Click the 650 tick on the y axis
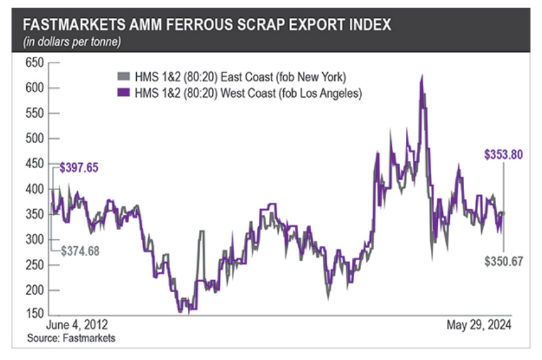click(x=33, y=63)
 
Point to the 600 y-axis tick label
click(x=33, y=88)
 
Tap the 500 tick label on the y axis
click(x=33, y=139)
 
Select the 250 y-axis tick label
click(x=33, y=265)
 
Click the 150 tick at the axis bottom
click(x=33, y=315)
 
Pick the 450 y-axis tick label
click(x=33, y=164)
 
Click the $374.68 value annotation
click(x=80, y=251)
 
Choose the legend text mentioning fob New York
click(x=240, y=77)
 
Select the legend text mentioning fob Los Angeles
click(x=249, y=93)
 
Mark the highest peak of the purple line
click(x=422, y=76)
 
